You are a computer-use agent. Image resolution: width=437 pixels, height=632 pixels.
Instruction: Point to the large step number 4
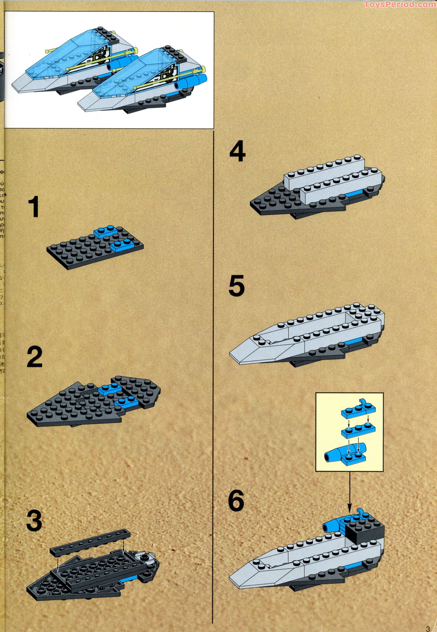237,151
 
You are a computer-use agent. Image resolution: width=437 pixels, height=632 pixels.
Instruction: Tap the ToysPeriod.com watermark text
400,4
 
